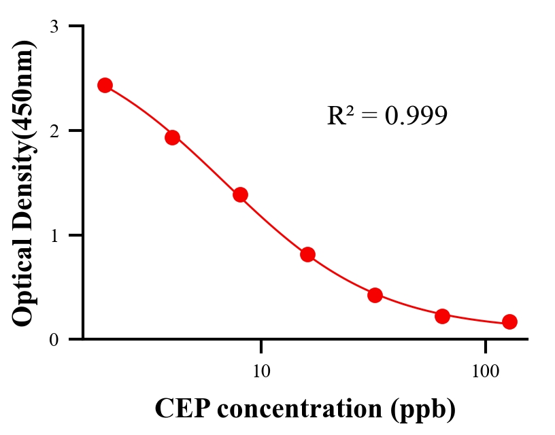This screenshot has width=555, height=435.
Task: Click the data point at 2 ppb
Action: point(105,85)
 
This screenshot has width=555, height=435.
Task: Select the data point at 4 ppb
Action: point(172,137)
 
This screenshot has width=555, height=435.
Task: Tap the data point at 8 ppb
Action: point(240,194)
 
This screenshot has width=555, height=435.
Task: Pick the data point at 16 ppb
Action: point(307,254)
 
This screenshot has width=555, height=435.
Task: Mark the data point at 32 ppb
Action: point(375,295)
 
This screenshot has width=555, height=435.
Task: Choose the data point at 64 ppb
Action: point(442,315)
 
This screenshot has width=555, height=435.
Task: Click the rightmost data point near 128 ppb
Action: point(509,321)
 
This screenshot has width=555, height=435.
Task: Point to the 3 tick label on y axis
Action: point(54,27)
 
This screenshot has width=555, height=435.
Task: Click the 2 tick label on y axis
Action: point(54,130)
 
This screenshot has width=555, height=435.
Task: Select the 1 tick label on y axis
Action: point(54,235)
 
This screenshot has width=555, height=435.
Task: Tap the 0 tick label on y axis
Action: point(54,339)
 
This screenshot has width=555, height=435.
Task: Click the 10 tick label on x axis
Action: point(261,371)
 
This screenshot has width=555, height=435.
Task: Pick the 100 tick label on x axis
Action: point(486,371)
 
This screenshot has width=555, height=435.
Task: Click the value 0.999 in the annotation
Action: point(416,116)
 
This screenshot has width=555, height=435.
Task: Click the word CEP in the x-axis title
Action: point(178,409)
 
